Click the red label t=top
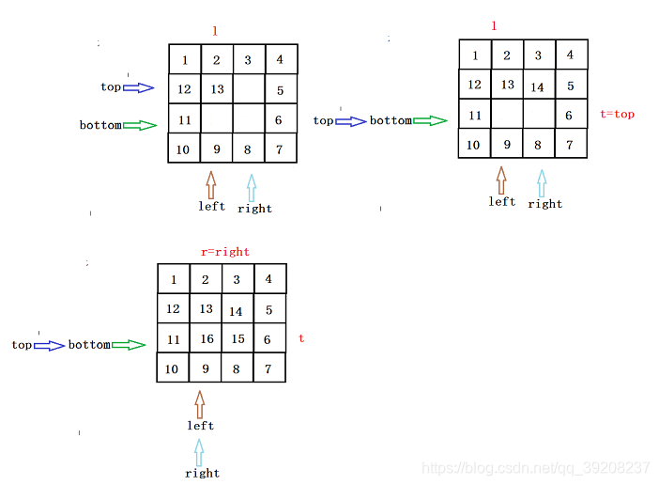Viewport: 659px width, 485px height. (617, 115)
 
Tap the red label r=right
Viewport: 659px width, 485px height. (225, 252)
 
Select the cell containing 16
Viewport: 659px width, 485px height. (206, 339)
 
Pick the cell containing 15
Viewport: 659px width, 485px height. (238, 339)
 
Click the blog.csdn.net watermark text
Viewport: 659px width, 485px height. (536, 467)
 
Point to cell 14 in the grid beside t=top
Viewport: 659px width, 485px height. (538, 87)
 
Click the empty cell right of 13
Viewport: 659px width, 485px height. (249, 89)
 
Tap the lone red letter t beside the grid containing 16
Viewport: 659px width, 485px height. (301, 337)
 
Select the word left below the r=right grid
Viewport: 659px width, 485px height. (200, 426)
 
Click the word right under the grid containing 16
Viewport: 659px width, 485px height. (202, 473)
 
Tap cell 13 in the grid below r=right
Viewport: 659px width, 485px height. (206, 308)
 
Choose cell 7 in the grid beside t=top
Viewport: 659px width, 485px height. (570, 145)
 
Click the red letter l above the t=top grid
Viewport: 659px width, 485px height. (494, 25)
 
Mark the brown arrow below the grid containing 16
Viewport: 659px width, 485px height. (199, 404)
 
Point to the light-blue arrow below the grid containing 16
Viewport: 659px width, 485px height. (199, 452)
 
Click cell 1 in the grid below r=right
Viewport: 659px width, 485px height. (173, 279)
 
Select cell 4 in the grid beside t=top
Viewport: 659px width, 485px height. (570, 55)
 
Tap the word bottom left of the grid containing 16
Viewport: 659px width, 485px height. (89, 345)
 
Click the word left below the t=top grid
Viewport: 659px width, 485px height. (502, 201)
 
